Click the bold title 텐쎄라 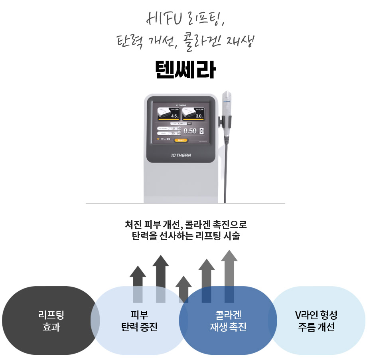(x=185, y=71)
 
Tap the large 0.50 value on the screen (x=190, y=131)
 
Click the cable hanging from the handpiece (x=226, y=172)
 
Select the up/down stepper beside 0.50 (x=201, y=131)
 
